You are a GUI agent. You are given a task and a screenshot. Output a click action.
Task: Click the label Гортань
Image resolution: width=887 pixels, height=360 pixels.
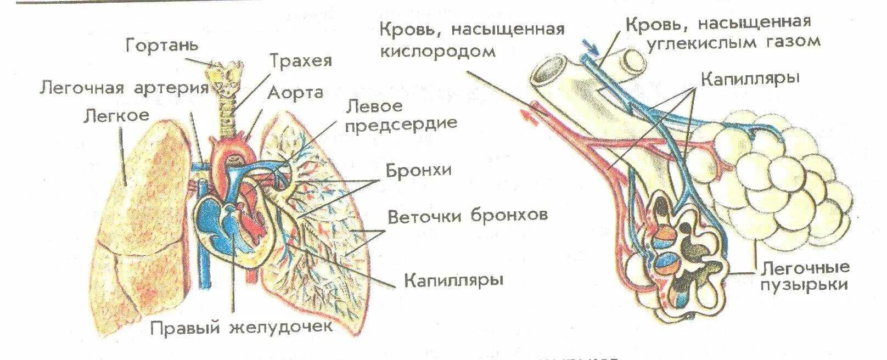click(162, 44)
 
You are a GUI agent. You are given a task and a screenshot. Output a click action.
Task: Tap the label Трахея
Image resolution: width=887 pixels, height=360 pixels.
click(301, 60)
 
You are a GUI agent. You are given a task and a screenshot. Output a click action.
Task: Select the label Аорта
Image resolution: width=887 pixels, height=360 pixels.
click(295, 93)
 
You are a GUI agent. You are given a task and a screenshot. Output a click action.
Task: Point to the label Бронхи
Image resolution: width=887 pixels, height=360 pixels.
click(419, 170)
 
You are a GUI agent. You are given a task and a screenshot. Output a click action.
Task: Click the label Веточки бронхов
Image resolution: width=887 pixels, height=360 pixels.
click(468, 215)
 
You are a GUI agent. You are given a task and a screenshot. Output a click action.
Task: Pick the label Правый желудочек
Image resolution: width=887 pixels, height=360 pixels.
click(242, 328)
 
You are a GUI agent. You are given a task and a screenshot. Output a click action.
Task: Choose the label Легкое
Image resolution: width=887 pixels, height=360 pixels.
click(116, 115)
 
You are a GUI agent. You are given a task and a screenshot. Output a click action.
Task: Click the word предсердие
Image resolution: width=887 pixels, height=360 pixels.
click(401, 123)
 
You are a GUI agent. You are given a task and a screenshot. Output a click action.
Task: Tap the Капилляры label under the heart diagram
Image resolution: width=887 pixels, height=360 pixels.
click(454, 280)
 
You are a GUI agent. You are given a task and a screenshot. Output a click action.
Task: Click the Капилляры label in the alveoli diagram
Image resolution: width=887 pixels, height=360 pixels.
click(750, 78)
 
